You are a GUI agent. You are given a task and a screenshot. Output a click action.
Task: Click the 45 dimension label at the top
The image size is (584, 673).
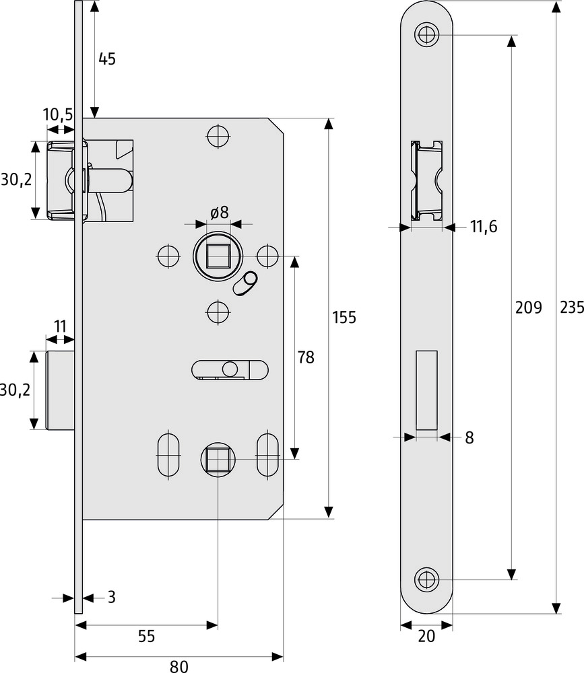[107, 59]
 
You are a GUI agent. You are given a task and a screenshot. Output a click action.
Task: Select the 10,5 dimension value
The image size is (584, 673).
[58, 114]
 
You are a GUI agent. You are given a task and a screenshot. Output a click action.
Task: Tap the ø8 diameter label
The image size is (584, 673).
[219, 213]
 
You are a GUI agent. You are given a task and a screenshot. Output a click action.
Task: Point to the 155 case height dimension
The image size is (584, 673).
[344, 318]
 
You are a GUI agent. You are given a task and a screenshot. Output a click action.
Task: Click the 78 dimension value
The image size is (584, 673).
[306, 357]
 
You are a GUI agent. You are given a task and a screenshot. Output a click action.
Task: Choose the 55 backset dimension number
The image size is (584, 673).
[146, 636]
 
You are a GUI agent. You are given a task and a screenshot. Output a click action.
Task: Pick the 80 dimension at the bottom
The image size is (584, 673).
[179, 666]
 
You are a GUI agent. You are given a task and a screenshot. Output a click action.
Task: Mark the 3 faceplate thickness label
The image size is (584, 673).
[111, 596]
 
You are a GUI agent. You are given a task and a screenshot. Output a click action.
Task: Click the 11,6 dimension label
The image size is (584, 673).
[483, 227]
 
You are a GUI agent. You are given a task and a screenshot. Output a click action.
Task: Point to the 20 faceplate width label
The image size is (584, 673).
[426, 636]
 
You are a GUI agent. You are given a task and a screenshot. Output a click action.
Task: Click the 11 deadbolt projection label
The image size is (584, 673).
[60, 327]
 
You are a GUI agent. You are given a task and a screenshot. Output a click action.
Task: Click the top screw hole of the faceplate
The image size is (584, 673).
[426, 34]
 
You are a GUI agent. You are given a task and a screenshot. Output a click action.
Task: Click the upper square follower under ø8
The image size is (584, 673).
[217, 256]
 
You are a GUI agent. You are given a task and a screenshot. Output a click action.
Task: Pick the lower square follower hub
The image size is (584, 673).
[217, 460]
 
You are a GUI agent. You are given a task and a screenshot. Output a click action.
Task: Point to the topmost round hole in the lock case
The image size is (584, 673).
[218, 136]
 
